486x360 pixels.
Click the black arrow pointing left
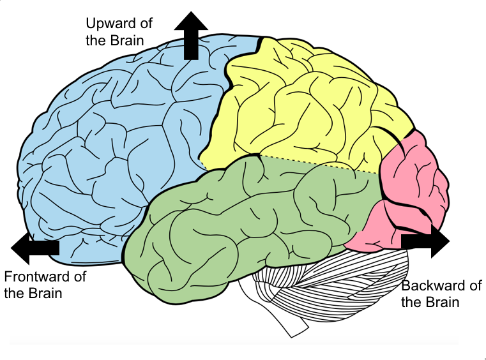35,248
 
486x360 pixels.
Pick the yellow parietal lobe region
300,102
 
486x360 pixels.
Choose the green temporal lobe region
255,217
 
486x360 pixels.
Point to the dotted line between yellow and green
319,164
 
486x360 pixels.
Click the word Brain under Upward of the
126,40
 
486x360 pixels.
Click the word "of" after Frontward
79,277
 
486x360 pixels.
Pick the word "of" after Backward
475,285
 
